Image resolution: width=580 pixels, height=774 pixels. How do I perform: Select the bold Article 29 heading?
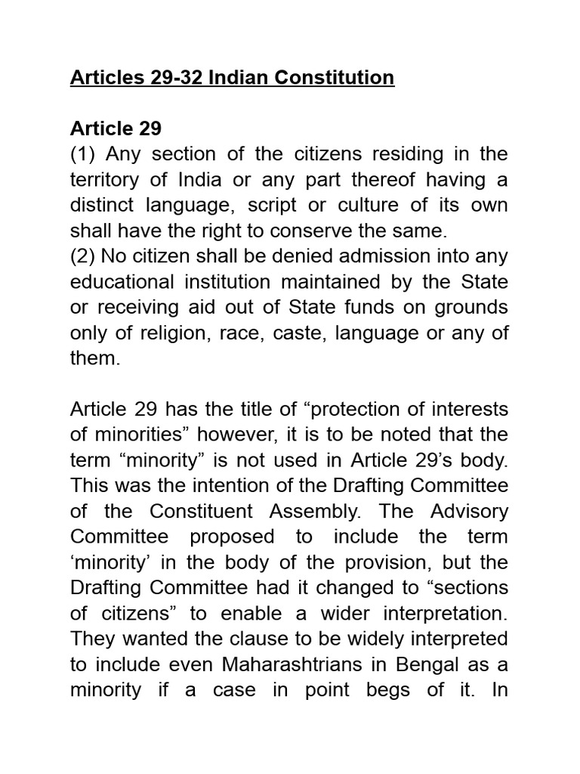point(116,129)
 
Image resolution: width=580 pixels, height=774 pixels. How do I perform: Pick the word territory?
point(104,181)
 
